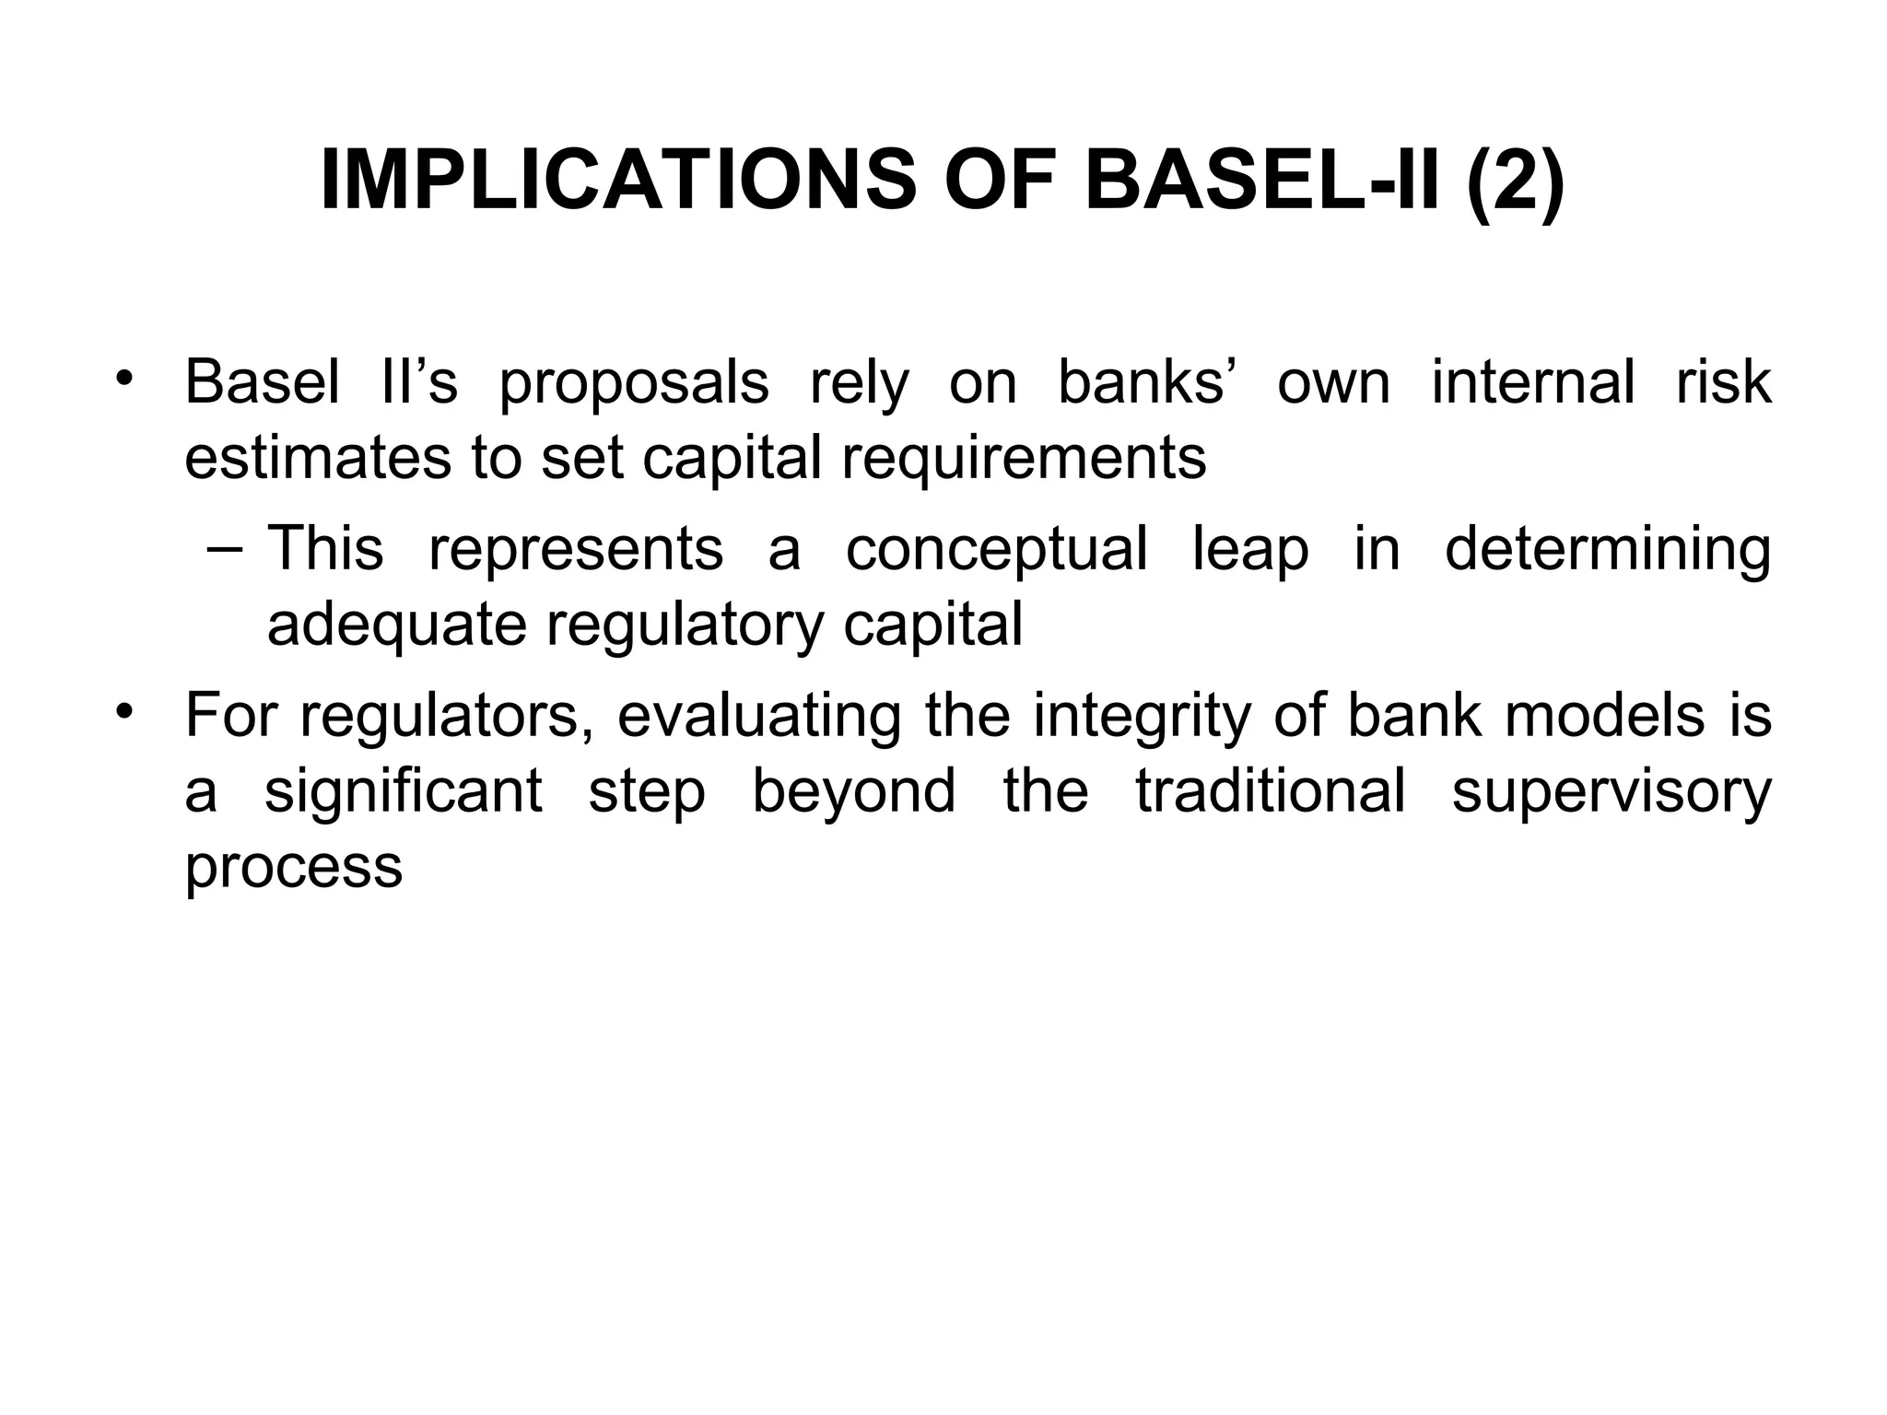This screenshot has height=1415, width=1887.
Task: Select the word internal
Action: (x=1533, y=382)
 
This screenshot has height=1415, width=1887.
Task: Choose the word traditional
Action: (x=1272, y=790)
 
